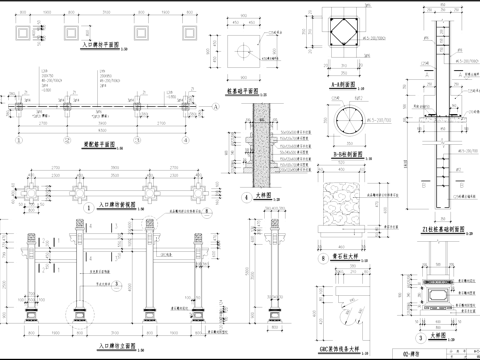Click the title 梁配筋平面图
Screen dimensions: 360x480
[98, 149]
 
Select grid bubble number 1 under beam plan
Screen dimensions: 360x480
[18, 142]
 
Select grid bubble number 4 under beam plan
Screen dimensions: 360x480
[184, 142]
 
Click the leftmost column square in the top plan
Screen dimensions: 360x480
[22, 30]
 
